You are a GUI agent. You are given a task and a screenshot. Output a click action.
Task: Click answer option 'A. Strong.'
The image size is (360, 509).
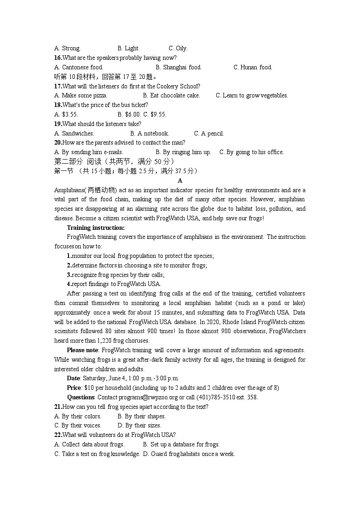pyautogui.click(x=67, y=48)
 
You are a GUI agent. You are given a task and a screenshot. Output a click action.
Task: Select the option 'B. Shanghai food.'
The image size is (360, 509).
pyautogui.click(x=178, y=68)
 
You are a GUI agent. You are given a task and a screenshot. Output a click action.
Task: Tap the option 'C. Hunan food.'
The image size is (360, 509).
pyautogui.click(x=253, y=68)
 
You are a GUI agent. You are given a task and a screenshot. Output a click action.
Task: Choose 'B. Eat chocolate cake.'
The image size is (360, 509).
pyautogui.click(x=171, y=96)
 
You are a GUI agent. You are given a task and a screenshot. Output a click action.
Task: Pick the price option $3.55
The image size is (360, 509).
pyautogui.click(x=66, y=115)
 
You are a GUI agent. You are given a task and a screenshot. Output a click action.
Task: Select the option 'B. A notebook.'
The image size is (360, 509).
pyautogui.click(x=150, y=134)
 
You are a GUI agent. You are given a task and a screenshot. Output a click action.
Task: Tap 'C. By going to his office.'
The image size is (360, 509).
pyautogui.click(x=251, y=152)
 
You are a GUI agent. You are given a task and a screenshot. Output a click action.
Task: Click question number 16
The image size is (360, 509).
pyautogui.click(x=58, y=58)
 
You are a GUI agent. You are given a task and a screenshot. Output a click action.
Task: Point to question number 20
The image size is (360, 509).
pyautogui.click(x=58, y=143)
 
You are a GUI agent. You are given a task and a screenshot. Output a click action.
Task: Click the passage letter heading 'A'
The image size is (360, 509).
pyautogui.click(x=180, y=181)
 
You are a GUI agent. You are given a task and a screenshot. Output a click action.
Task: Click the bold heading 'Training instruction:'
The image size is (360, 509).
pyautogui.click(x=96, y=228)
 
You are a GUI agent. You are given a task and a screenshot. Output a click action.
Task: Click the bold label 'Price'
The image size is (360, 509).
pyautogui.click(x=74, y=388)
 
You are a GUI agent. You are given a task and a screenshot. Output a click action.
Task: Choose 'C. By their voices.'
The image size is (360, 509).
pyautogui.click(x=78, y=426)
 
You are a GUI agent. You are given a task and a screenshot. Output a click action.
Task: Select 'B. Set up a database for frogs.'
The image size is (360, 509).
pyautogui.click(x=181, y=445)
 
